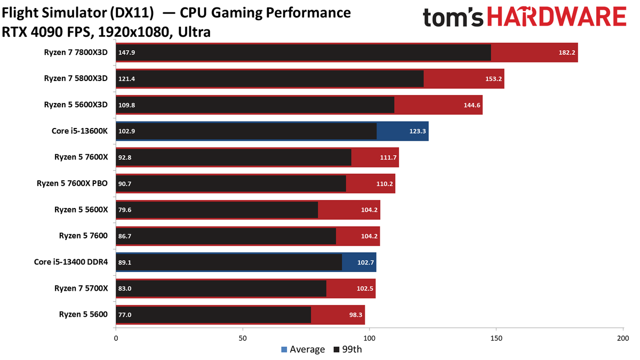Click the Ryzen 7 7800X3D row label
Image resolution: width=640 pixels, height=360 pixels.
click(x=76, y=52)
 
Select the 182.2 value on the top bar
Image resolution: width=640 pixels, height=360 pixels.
click(x=567, y=53)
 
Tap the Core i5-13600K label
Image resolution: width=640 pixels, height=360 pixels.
click(x=79, y=131)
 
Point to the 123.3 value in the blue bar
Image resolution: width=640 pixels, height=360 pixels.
click(x=418, y=131)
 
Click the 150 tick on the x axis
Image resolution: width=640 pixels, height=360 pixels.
click(x=496, y=338)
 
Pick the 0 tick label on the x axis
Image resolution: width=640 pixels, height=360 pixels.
click(x=116, y=338)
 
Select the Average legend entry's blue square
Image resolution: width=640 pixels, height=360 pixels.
click(x=284, y=349)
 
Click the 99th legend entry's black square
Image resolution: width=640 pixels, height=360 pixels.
click(x=337, y=349)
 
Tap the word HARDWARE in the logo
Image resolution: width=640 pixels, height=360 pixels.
click(x=557, y=17)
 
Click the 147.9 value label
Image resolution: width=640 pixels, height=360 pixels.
click(x=126, y=53)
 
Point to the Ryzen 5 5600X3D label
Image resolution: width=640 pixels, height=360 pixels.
click(x=76, y=105)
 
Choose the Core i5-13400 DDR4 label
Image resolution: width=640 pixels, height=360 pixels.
click(x=71, y=262)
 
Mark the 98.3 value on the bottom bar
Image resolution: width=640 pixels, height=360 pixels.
click(x=356, y=315)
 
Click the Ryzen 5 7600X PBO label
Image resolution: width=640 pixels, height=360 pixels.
click(x=72, y=183)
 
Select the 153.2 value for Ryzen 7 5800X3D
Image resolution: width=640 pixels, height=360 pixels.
click(x=493, y=79)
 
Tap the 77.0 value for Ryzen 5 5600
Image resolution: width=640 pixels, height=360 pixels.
click(x=125, y=315)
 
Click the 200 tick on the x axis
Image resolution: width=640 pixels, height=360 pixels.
click(x=623, y=338)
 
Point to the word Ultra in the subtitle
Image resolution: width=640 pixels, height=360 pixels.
click(x=194, y=32)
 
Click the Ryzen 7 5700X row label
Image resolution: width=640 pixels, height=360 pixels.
click(x=81, y=289)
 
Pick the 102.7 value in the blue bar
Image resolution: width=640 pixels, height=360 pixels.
click(x=365, y=262)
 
